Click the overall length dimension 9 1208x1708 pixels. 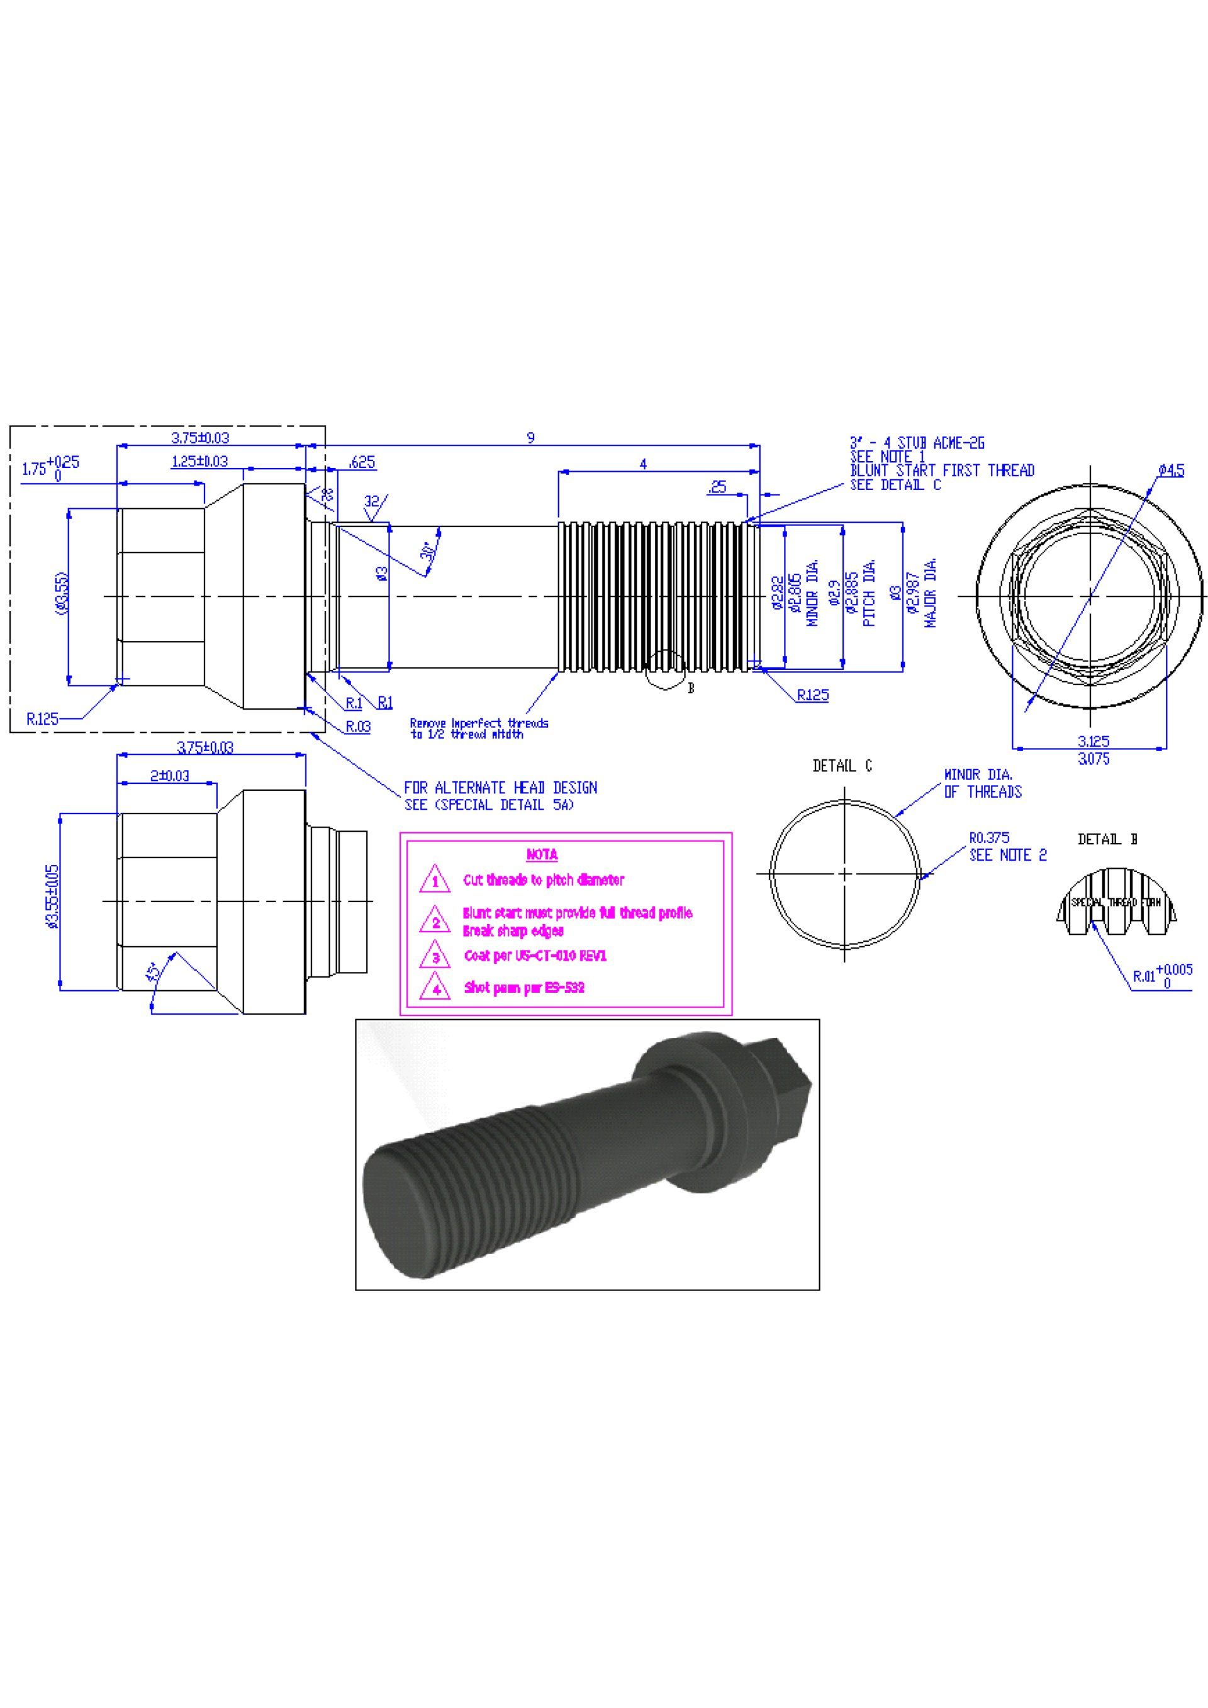click(530, 437)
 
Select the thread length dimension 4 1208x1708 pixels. click(642, 464)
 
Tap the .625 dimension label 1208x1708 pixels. click(362, 463)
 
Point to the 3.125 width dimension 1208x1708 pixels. click(1093, 741)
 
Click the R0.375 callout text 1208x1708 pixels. click(989, 837)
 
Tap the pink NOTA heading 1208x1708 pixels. click(542, 855)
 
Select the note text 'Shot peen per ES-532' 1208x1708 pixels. click(524, 988)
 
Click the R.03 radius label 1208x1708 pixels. click(358, 727)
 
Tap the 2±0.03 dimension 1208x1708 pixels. click(170, 776)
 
